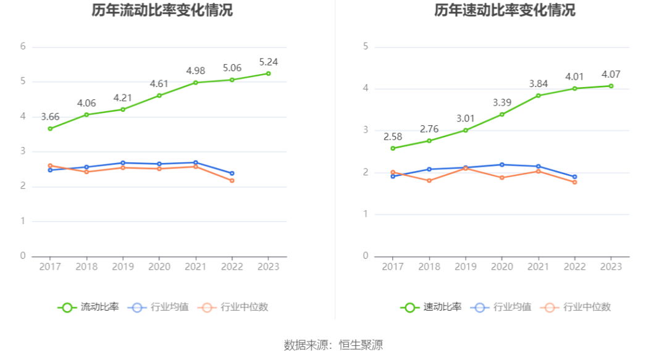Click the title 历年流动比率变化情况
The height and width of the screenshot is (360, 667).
click(x=162, y=10)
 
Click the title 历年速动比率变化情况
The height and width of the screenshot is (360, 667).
click(x=505, y=10)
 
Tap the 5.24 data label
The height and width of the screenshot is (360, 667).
click(x=268, y=62)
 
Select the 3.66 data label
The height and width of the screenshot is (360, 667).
click(x=50, y=117)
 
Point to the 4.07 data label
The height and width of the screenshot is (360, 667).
click(x=611, y=75)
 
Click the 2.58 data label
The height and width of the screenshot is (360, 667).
click(x=393, y=136)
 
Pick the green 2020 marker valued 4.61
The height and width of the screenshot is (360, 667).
click(x=159, y=95)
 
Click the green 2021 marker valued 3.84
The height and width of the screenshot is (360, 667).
click(x=538, y=95)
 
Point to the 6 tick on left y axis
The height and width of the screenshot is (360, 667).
click(x=23, y=46)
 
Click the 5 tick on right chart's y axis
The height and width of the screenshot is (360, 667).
click(x=366, y=46)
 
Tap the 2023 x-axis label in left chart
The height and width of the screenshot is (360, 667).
click(x=268, y=266)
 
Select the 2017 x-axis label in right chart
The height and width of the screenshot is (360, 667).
click(x=393, y=266)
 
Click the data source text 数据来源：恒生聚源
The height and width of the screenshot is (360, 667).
click(x=333, y=345)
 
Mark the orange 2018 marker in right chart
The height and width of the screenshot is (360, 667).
click(x=429, y=180)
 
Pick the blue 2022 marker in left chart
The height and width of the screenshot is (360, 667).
click(x=232, y=173)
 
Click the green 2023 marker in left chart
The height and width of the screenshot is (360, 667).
click(x=268, y=73)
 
